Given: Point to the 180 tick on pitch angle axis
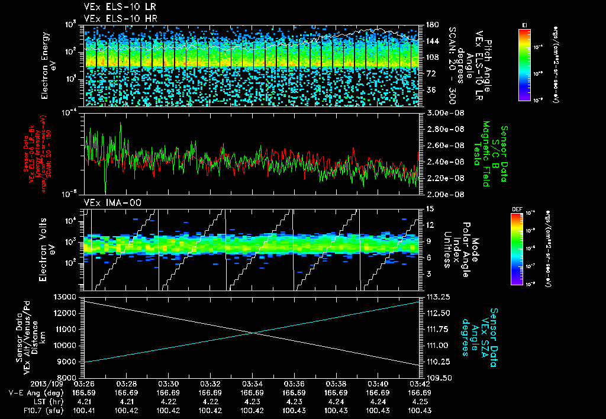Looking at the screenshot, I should [431, 25].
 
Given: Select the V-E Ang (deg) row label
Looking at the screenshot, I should [33, 392].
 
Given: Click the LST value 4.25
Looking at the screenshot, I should [420, 401].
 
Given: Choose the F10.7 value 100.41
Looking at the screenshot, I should [85, 410].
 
